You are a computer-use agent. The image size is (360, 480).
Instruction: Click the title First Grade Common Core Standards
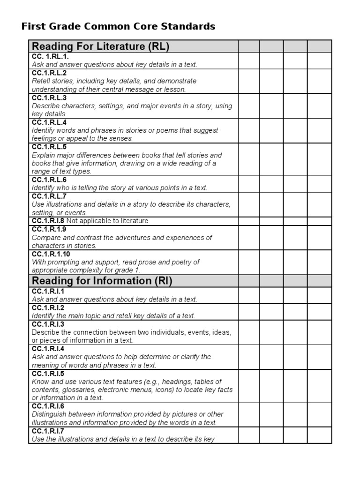coord(118,26)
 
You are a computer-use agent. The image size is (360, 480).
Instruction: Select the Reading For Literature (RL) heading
coord(100,46)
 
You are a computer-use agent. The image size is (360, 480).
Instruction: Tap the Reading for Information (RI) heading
coord(102,281)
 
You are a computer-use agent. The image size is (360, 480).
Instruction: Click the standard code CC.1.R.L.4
coord(49,122)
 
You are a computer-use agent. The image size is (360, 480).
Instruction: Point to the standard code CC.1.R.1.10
coord(51,254)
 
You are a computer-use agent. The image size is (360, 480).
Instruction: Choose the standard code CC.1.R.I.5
coord(48,373)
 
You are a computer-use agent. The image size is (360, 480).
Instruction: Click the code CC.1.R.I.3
coord(48,324)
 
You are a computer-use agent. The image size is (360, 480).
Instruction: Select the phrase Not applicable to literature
coord(107,221)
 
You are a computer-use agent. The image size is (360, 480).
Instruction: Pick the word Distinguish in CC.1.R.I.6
coord(49,414)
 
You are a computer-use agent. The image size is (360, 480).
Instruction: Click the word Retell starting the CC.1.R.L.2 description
coord(40,81)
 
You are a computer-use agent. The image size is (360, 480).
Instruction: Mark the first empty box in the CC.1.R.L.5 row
coord(249,159)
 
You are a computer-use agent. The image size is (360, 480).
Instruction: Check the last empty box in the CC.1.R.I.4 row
coord(319,357)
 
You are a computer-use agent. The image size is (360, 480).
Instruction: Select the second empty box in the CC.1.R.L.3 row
coord(271,106)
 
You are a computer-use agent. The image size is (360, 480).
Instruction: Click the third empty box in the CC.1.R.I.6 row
coord(295,414)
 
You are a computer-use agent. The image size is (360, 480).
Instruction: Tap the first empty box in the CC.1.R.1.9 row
coord(249,238)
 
